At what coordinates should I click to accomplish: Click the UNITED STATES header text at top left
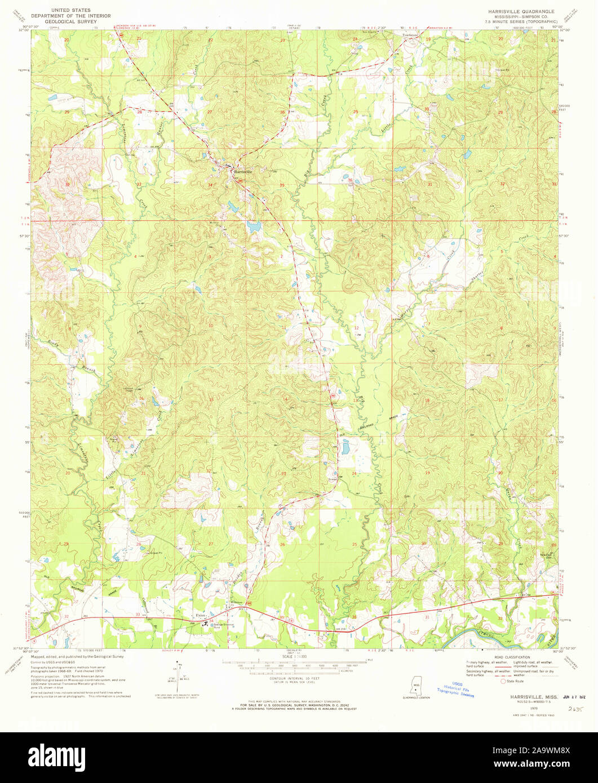72,11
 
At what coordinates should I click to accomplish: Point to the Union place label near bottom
199,615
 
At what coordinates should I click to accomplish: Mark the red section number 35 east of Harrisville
282,185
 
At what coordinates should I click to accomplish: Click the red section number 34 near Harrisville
210,185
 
